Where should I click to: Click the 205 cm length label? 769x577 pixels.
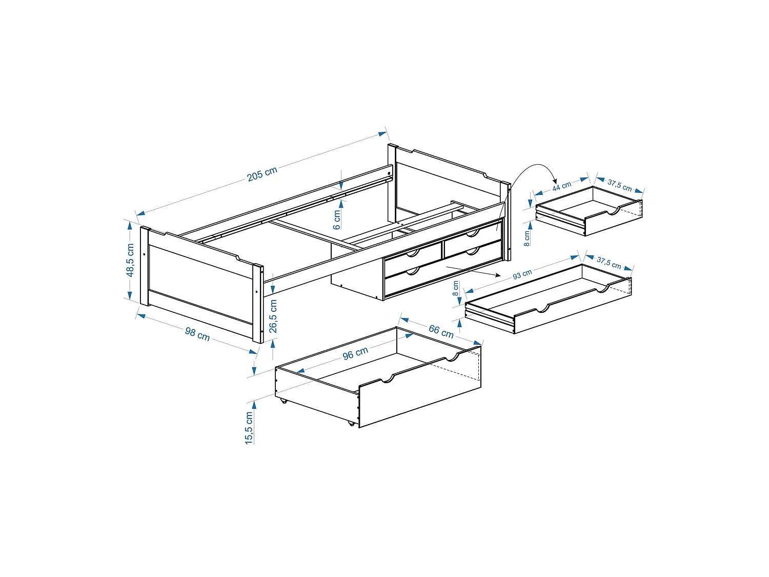[262, 174]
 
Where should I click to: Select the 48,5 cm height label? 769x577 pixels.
[130, 260]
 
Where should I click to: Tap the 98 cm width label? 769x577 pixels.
[197, 334]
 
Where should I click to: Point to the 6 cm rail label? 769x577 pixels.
[337, 220]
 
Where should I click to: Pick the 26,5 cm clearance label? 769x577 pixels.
[273, 316]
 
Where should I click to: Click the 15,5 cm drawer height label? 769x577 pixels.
[249, 428]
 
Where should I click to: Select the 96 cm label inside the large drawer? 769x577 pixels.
[355, 353]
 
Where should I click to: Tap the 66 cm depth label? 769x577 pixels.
[441, 331]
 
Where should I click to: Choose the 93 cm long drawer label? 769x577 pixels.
[522, 274]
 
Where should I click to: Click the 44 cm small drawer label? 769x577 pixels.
[561, 186]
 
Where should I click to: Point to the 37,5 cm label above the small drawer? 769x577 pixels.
[619, 185]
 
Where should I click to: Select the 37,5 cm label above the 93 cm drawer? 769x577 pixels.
[609, 263]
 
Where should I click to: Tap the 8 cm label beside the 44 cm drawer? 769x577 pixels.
[527, 238]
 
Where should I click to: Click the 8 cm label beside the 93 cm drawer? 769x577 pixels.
[455, 288]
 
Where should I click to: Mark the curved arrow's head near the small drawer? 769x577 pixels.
[555, 181]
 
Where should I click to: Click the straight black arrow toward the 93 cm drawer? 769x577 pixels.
[473, 271]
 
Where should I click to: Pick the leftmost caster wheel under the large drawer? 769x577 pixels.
[284, 401]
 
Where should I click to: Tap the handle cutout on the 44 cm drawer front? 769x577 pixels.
[613, 211]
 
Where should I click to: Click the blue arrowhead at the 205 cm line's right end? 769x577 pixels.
[382, 134]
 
